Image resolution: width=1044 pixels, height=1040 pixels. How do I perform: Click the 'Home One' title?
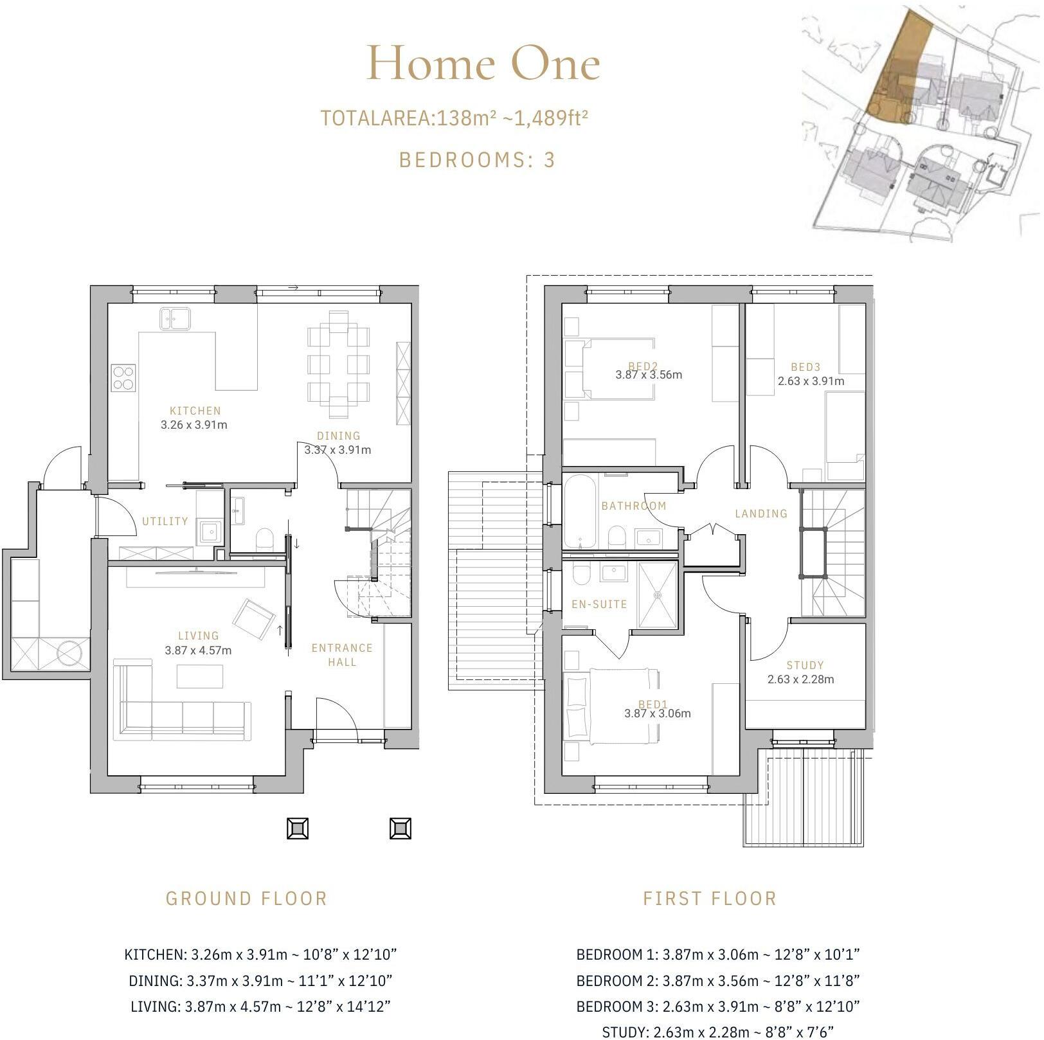point(483,64)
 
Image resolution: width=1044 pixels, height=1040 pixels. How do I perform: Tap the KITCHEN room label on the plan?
point(195,411)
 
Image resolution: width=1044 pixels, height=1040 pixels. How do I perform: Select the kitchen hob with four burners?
point(123,377)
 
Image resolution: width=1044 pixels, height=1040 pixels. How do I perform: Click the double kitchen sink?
point(175,318)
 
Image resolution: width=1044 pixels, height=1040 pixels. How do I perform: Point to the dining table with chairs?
point(338,364)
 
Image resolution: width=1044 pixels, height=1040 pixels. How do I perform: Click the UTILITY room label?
point(165,521)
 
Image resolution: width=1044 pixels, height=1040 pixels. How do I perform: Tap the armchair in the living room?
point(254,618)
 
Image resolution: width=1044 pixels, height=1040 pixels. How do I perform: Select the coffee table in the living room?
point(200,676)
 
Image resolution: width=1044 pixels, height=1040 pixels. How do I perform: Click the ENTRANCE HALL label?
point(342,655)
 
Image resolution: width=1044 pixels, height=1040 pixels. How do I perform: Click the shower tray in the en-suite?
point(658,595)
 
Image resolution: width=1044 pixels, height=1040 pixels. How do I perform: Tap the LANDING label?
point(761,514)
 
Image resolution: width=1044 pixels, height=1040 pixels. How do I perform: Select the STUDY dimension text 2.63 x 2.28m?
point(801,679)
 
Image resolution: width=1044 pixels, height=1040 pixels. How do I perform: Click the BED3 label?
point(806,367)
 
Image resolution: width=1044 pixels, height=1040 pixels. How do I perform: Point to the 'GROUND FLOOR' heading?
point(247,899)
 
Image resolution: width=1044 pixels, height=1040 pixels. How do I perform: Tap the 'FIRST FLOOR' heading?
point(710,899)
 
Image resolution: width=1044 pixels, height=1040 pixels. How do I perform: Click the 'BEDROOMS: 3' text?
point(476,159)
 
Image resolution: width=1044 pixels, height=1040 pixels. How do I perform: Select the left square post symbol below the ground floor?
point(298,829)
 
